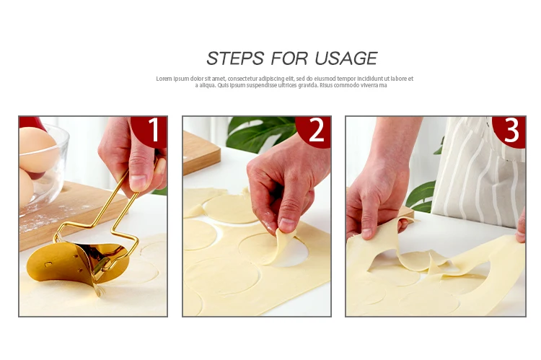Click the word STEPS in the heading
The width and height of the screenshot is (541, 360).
pyautogui.click(x=235, y=58)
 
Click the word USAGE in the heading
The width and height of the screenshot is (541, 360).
pyautogui.click(x=346, y=58)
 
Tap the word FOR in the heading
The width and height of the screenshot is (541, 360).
pyautogui.click(x=289, y=58)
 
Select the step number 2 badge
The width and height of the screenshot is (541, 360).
pyautogui.click(x=314, y=131)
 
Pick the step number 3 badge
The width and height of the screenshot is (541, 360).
pyautogui.click(x=510, y=131)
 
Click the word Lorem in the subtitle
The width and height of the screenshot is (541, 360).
pyautogui.click(x=164, y=79)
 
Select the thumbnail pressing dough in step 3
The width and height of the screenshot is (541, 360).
pyautogui.click(x=366, y=233)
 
